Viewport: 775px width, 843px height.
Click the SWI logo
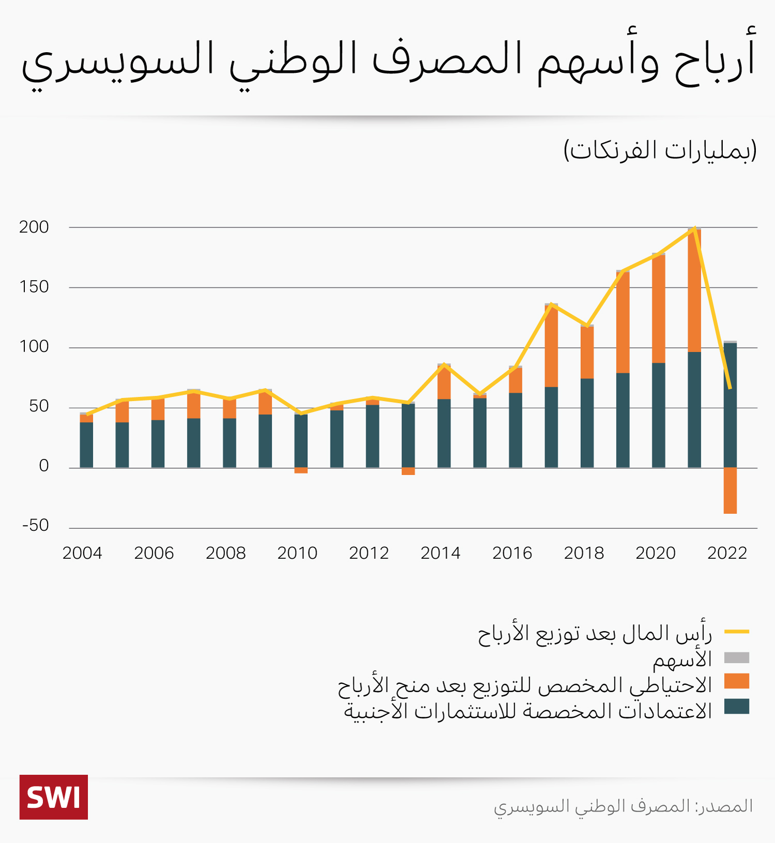coord(54,797)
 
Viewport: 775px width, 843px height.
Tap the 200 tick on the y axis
coord(34,227)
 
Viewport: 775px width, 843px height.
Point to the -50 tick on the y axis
coord(35,525)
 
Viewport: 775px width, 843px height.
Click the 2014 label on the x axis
coord(440,553)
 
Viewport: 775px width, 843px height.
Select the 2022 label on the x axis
coord(727,553)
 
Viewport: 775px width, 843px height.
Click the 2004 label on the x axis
coord(82,553)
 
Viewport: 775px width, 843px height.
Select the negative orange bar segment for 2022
coord(730,490)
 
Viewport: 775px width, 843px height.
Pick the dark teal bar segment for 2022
coord(730,405)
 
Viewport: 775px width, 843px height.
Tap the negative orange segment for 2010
coord(301,470)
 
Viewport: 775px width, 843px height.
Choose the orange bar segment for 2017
coord(551,346)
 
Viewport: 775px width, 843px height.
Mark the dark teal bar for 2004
coord(86,445)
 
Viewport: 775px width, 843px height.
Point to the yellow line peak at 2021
coord(695,227)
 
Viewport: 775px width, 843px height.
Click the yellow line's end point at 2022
coord(730,388)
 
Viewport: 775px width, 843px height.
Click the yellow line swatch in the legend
coord(736,632)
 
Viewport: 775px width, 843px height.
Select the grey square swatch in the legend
coord(736,657)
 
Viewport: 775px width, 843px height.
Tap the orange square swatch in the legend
coord(736,681)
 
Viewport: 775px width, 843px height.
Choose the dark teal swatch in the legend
coord(736,707)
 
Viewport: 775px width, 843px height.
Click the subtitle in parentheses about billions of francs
coord(660,150)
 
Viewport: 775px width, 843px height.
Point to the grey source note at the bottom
coord(623,806)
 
